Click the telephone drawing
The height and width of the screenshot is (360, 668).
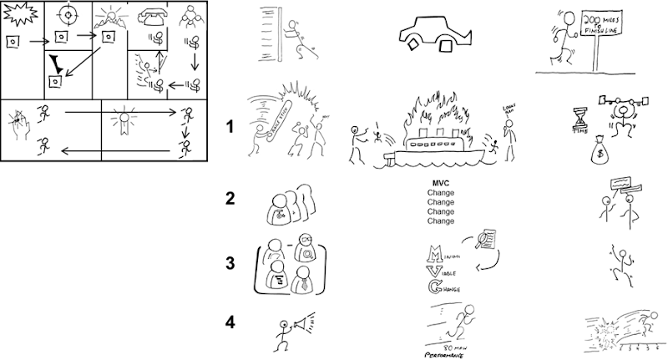(151, 17)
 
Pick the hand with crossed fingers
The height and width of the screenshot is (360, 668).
(18, 124)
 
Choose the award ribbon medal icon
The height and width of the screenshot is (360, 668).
(124, 119)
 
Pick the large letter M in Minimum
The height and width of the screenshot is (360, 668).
(433, 253)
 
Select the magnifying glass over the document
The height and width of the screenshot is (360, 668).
(484, 242)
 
